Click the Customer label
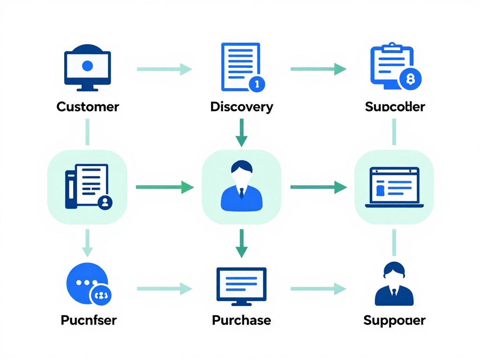88,106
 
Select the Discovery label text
241,106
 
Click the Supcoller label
395,106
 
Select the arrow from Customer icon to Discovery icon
164,69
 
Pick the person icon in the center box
241,186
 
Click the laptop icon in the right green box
395,187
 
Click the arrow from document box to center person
164,187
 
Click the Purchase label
241,320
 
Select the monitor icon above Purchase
241,284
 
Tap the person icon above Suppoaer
394,284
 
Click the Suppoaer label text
394,321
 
